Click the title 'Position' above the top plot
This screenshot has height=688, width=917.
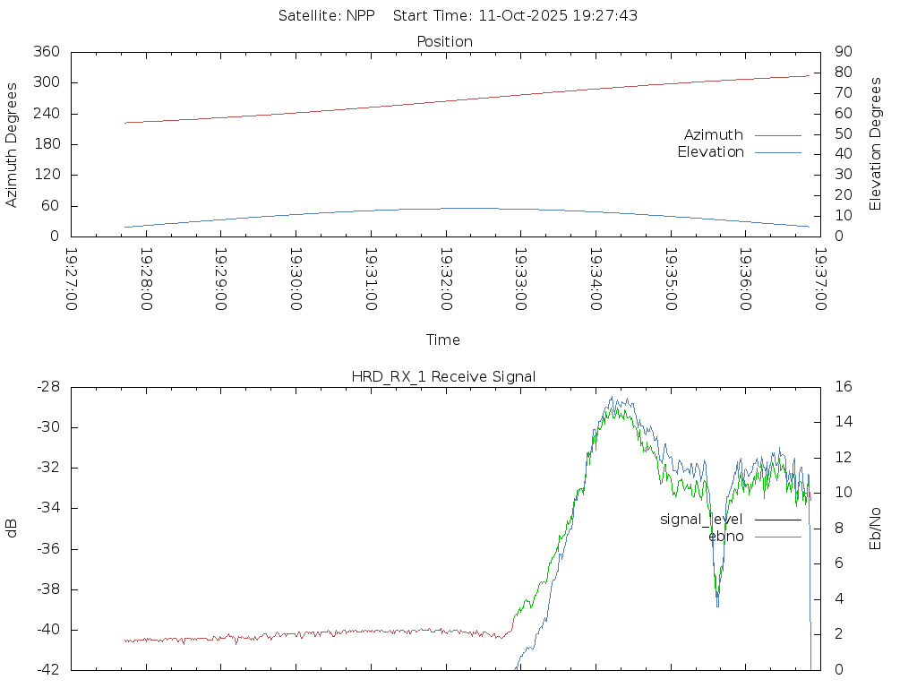(x=445, y=42)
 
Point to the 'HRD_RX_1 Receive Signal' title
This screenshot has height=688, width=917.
(x=443, y=377)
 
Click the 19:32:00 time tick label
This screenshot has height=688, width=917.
(x=446, y=279)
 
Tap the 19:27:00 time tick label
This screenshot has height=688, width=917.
(x=72, y=279)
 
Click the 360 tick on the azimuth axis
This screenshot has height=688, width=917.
(x=47, y=52)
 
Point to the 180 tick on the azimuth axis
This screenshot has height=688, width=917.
(x=47, y=144)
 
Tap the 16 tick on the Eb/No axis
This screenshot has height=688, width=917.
(x=843, y=387)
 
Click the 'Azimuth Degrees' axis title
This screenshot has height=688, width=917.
(x=13, y=144)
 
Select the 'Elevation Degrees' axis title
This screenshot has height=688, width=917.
(x=876, y=144)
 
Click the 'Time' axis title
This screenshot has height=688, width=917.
(x=443, y=340)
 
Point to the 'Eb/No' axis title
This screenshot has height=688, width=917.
(x=876, y=529)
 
